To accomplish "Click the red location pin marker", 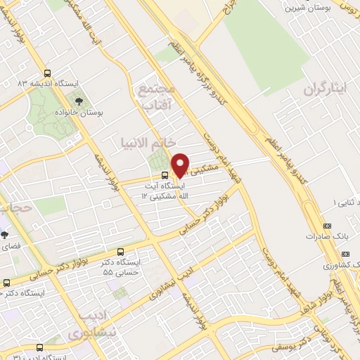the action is pyautogui.click(x=181, y=165).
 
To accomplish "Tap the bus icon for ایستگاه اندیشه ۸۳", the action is pyautogui.click(x=47, y=73).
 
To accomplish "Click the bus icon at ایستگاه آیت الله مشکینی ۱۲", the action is pyautogui.click(x=164, y=175).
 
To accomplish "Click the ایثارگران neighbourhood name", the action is pyautogui.click(x=326, y=90).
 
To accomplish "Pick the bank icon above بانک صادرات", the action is pyautogui.click(x=327, y=226).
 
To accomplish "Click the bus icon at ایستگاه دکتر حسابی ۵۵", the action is pyautogui.click(x=121, y=251).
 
